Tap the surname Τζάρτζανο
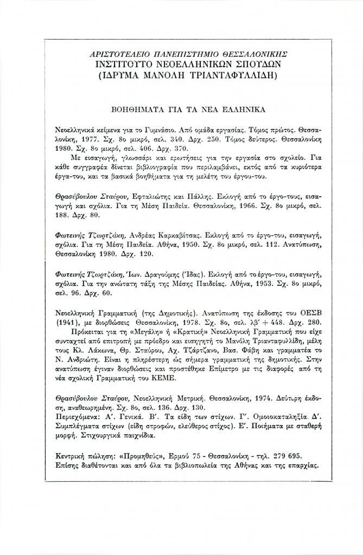click(x=199, y=355)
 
